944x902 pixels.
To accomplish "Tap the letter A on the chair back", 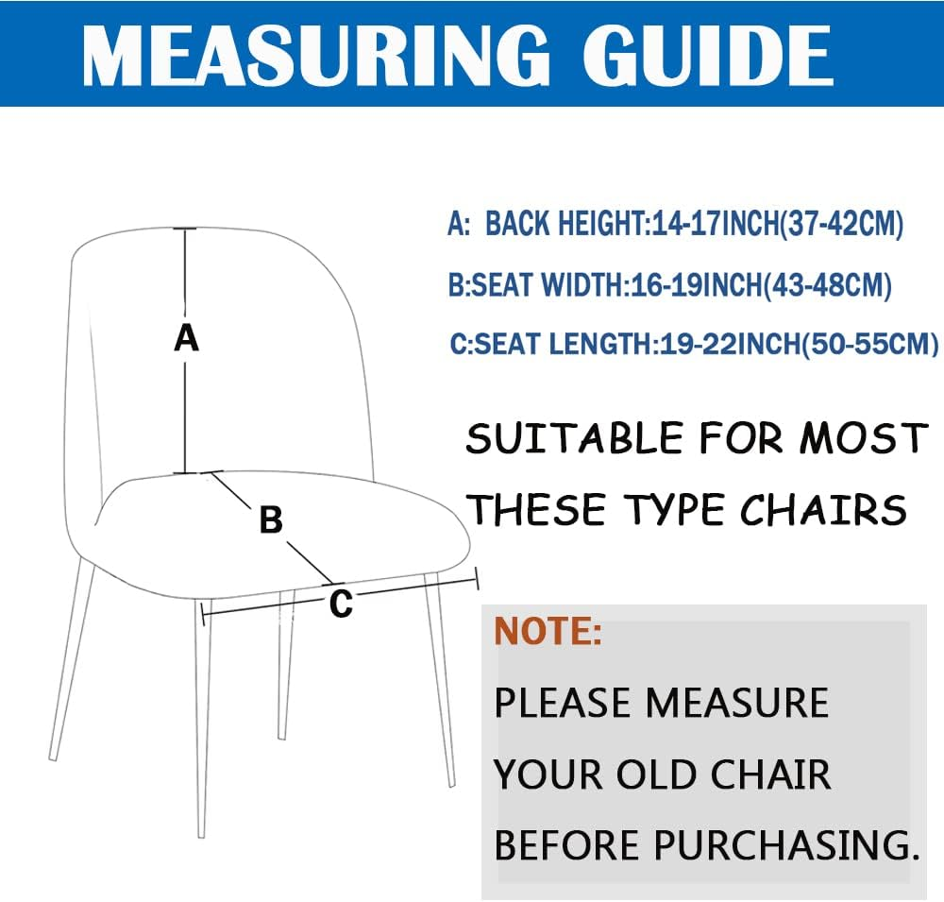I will tap(187, 337).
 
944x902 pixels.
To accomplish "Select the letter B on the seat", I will tap(271, 519).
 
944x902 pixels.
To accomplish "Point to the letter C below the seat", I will tap(341, 603).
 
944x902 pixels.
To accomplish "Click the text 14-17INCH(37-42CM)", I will tap(774, 225).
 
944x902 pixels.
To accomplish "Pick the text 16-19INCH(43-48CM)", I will tap(759, 284).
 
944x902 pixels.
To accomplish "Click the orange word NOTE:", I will tap(548, 630).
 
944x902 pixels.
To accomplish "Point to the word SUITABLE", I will tap(574, 439).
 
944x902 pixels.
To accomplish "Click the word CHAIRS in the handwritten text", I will tap(823, 510).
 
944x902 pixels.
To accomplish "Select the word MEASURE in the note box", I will tap(737, 703).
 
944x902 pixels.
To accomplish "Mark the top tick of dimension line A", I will tap(185, 229).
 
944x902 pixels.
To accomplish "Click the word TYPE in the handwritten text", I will tap(676, 510).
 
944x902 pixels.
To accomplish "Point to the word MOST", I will tap(863, 439).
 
